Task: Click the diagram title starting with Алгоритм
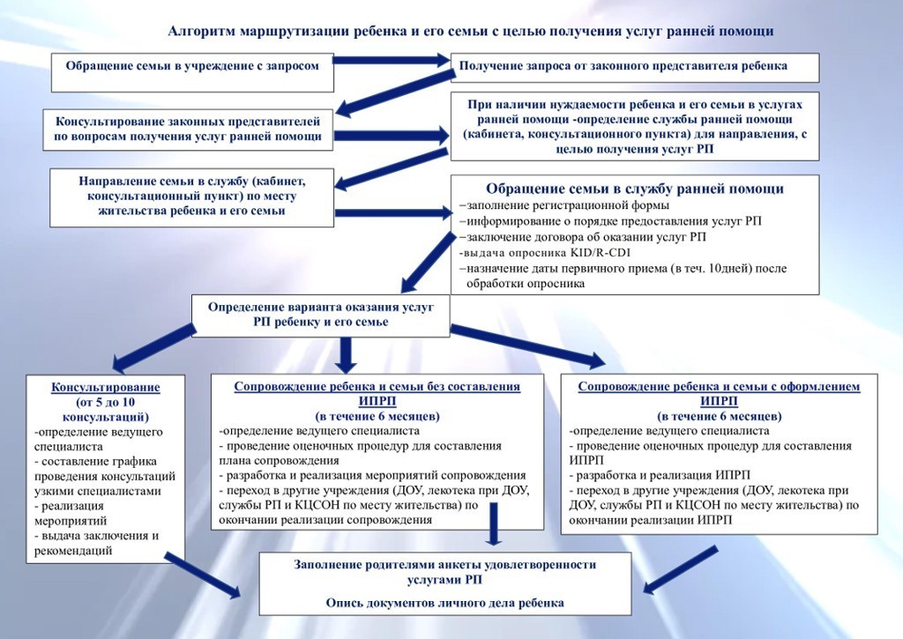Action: pos(471,32)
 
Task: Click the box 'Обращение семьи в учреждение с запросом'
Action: pos(192,67)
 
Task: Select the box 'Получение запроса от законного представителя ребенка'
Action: pos(635,67)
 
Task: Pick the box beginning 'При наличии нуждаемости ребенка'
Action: pos(635,126)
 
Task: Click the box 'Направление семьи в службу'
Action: pos(192,196)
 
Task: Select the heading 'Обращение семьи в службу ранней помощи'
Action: pos(635,189)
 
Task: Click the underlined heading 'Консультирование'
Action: pos(106,387)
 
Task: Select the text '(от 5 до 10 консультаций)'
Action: pos(106,409)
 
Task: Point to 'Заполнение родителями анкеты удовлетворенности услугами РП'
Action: pos(445,571)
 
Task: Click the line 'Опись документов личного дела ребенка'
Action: pos(445,602)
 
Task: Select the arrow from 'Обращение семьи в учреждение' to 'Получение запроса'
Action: pos(392,61)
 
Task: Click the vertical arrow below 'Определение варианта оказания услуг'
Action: pos(345,353)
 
